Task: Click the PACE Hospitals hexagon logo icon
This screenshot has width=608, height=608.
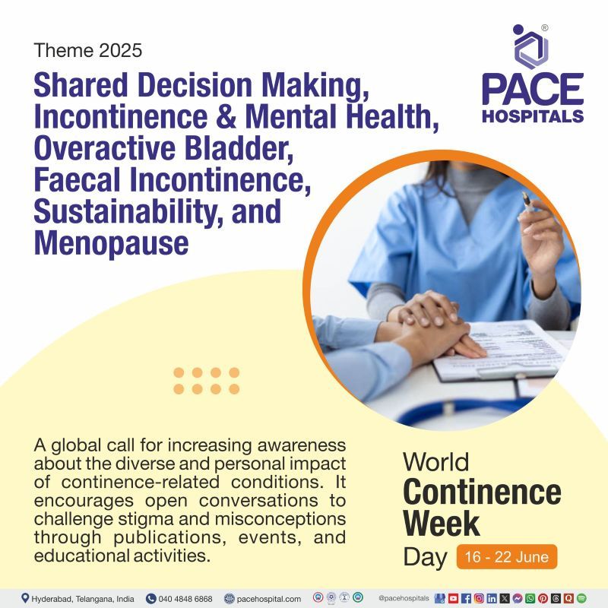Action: (x=531, y=46)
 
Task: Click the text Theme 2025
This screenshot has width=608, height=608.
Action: (x=88, y=52)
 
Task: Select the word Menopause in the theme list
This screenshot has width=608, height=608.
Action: (x=111, y=242)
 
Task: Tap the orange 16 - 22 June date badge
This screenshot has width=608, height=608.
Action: (x=507, y=556)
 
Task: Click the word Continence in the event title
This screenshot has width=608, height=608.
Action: (x=482, y=492)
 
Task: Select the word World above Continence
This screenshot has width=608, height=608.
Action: (x=435, y=461)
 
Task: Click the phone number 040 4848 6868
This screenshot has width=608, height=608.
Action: (x=185, y=598)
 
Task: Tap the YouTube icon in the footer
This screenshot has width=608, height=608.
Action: (x=453, y=598)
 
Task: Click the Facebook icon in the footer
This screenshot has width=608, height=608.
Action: (x=466, y=598)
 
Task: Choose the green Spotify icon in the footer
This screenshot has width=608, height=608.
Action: (x=582, y=598)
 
